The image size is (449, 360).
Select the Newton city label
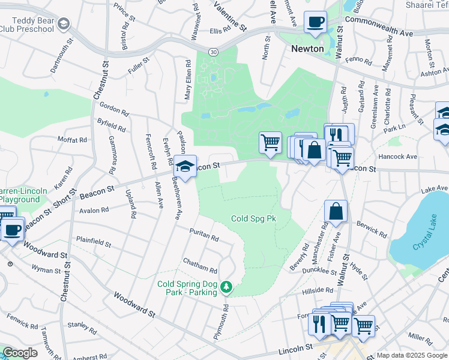click(307, 49)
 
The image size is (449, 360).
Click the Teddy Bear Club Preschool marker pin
click(64, 24)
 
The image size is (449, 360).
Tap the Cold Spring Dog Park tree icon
click(226, 287)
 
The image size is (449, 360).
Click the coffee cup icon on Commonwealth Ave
click(315, 23)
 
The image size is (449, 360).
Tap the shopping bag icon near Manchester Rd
click(336, 211)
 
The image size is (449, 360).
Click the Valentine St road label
click(232, 16)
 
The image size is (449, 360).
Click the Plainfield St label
click(93, 242)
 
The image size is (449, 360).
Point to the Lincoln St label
click(295, 349)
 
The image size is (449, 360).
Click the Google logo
click(20, 353)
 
